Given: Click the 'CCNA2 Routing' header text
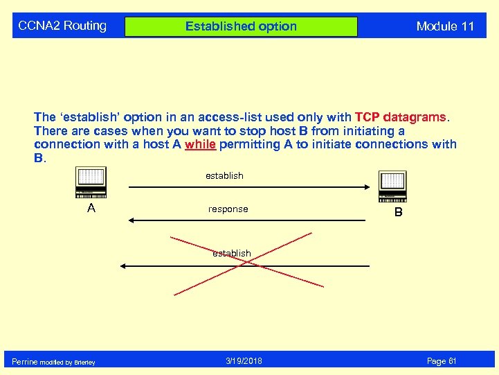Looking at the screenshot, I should (x=62, y=26).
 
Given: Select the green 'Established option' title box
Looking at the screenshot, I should (x=241, y=27).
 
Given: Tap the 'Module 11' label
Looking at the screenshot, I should (x=445, y=27).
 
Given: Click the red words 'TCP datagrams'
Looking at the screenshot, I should (x=400, y=117).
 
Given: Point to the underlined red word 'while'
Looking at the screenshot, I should (x=201, y=144).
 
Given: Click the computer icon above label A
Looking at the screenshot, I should (x=91, y=183).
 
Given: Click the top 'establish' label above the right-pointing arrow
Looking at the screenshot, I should (x=224, y=176).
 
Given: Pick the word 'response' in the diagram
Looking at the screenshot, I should (x=228, y=209).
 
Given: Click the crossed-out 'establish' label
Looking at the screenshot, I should (x=232, y=254).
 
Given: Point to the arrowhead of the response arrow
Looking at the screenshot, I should (x=129, y=220).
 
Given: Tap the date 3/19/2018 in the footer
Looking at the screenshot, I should (x=244, y=361).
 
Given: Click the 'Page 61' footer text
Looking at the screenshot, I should (x=442, y=361).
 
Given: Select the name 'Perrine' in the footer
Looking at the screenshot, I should (x=25, y=362).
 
